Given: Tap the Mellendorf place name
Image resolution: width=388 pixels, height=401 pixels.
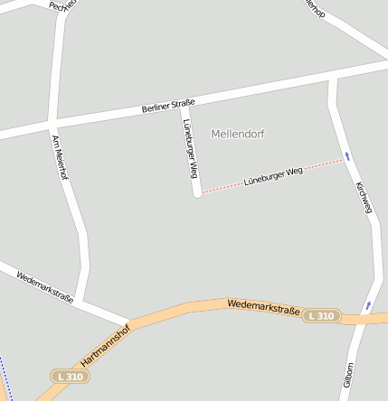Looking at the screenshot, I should click(x=238, y=134).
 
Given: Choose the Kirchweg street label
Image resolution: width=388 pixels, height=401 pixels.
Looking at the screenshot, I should click(x=364, y=197).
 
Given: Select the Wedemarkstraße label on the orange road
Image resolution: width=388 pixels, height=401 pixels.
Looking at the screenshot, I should click(x=263, y=308).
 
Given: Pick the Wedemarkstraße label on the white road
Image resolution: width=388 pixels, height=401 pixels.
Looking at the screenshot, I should click(x=44, y=284).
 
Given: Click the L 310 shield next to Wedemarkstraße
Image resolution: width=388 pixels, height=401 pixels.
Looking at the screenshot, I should click(x=320, y=316).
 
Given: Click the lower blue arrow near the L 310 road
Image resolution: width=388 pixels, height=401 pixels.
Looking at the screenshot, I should click(x=367, y=305).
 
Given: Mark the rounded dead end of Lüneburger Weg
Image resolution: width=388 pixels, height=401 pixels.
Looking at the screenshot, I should click(x=196, y=191).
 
